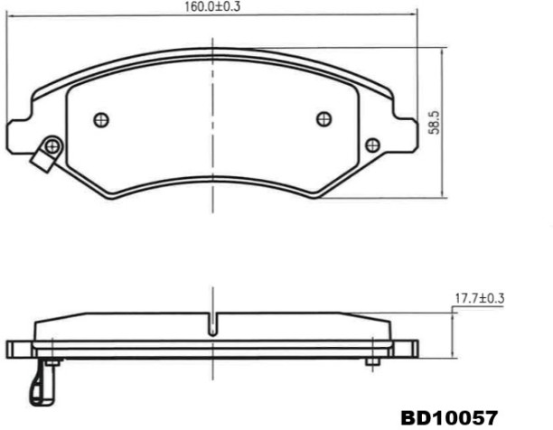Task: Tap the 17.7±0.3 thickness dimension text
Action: coord(479,298)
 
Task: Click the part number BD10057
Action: coord(449,417)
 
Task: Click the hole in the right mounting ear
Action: coord(370,144)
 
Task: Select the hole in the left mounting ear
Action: coord(52,145)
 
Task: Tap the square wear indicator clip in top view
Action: coord(42,160)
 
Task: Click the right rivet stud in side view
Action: coord(370,361)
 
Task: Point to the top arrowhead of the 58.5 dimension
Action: coord(442,51)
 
